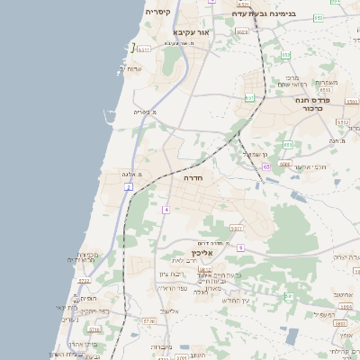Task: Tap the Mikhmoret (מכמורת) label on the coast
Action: pos(87,255)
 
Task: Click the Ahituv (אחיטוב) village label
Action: pos(341,294)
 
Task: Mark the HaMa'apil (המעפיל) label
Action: pos(324,314)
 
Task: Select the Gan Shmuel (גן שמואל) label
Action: pos(256,153)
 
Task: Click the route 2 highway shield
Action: pos(129,186)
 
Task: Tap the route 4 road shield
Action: pos(166,210)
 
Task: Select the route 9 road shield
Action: pos(240,246)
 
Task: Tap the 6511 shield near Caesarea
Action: pos(144,50)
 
